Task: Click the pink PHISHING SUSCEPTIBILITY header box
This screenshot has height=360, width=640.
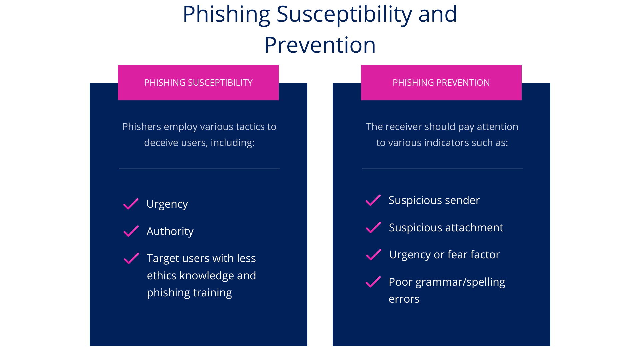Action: (x=198, y=83)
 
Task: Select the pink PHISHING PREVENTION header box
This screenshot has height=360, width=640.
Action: (x=441, y=83)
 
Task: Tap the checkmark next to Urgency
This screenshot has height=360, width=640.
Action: (x=131, y=204)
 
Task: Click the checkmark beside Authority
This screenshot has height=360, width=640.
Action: (x=131, y=231)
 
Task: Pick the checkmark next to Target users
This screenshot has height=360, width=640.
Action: (x=131, y=258)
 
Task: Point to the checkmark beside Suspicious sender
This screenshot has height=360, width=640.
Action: (x=373, y=200)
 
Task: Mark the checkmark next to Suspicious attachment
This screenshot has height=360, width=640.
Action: (x=373, y=227)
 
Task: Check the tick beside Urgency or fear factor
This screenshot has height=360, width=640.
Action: (x=374, y=255)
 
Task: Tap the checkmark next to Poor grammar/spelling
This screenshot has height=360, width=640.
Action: (x=373, y=282)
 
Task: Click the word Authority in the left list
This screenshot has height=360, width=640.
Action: (x=170, y=231)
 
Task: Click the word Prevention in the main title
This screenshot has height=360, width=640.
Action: (x=320, y=45)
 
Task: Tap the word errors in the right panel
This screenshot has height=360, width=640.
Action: (x=404, y=299)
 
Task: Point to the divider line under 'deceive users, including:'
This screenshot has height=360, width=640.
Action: (x=199, y=169)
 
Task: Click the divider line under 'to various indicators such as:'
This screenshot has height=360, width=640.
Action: (x=442, y=169)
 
